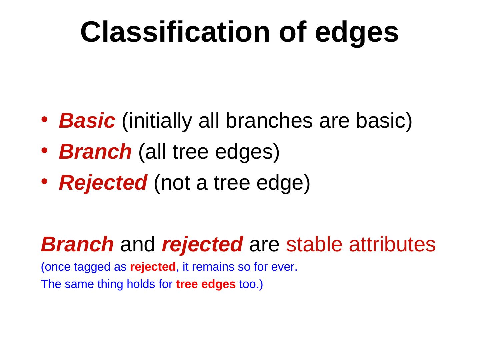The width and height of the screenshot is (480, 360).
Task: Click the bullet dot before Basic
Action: [x=44, y=120]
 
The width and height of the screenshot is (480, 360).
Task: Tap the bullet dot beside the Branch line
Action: [x=44, y=150]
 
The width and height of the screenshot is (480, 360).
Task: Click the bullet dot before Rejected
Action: [x=44, y=181]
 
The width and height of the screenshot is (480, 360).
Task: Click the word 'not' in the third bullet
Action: [x=175, y=183]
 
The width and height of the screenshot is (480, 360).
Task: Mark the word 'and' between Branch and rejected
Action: [x=138, y=244]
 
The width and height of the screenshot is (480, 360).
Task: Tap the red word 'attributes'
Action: [x=392, y=244]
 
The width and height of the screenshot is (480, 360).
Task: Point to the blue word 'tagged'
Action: [x=92, y=267]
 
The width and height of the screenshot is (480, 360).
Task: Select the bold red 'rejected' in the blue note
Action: [x=153, y=267]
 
